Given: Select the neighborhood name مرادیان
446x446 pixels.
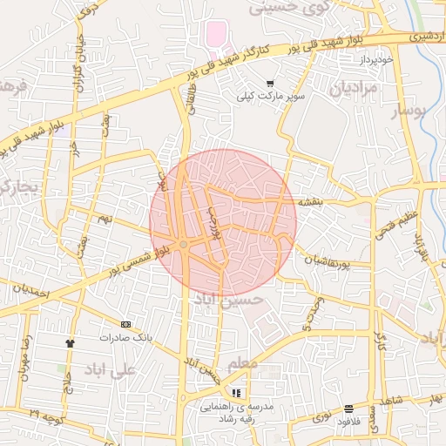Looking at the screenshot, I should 352,89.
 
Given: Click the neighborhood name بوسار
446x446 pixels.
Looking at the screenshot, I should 406,111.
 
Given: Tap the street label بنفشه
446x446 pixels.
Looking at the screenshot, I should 311,201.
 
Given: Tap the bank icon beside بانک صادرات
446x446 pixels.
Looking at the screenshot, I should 125,324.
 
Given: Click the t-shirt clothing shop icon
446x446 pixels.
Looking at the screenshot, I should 71,342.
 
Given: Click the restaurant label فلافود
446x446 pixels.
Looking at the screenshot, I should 349,422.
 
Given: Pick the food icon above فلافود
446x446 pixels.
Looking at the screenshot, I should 348,409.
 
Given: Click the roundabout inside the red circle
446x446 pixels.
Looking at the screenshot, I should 184,245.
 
